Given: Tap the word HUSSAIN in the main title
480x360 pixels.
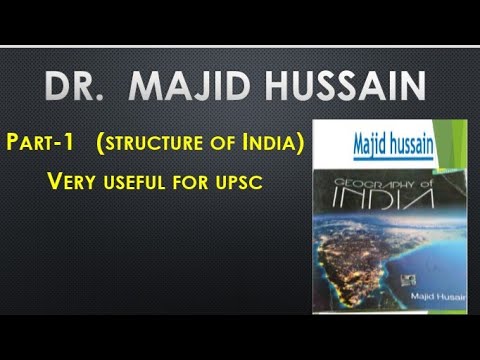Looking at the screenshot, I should point(341,87).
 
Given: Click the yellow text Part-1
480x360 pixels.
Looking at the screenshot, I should point(46,145).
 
